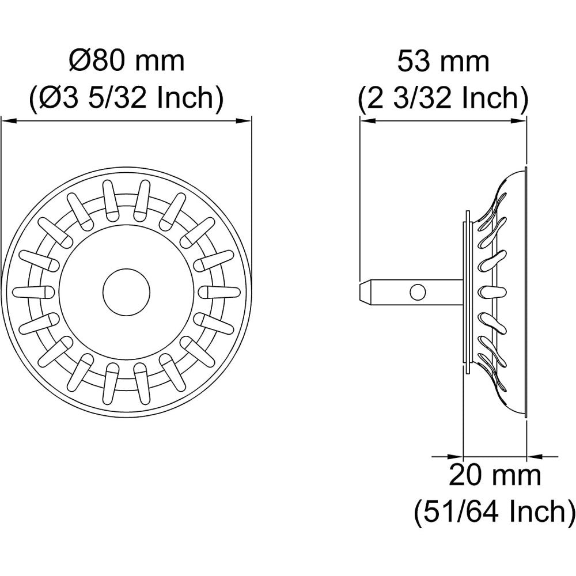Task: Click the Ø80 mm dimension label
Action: pos(127,62)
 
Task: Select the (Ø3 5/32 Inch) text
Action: pos(127,98)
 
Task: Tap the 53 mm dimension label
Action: pos(444,62)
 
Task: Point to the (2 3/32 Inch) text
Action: pos(444,98)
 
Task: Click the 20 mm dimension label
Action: pos(495,476)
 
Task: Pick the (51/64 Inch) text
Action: pos(495,512)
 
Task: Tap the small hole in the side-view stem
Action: pos(418,293)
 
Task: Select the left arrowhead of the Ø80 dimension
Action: pos(9,121)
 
